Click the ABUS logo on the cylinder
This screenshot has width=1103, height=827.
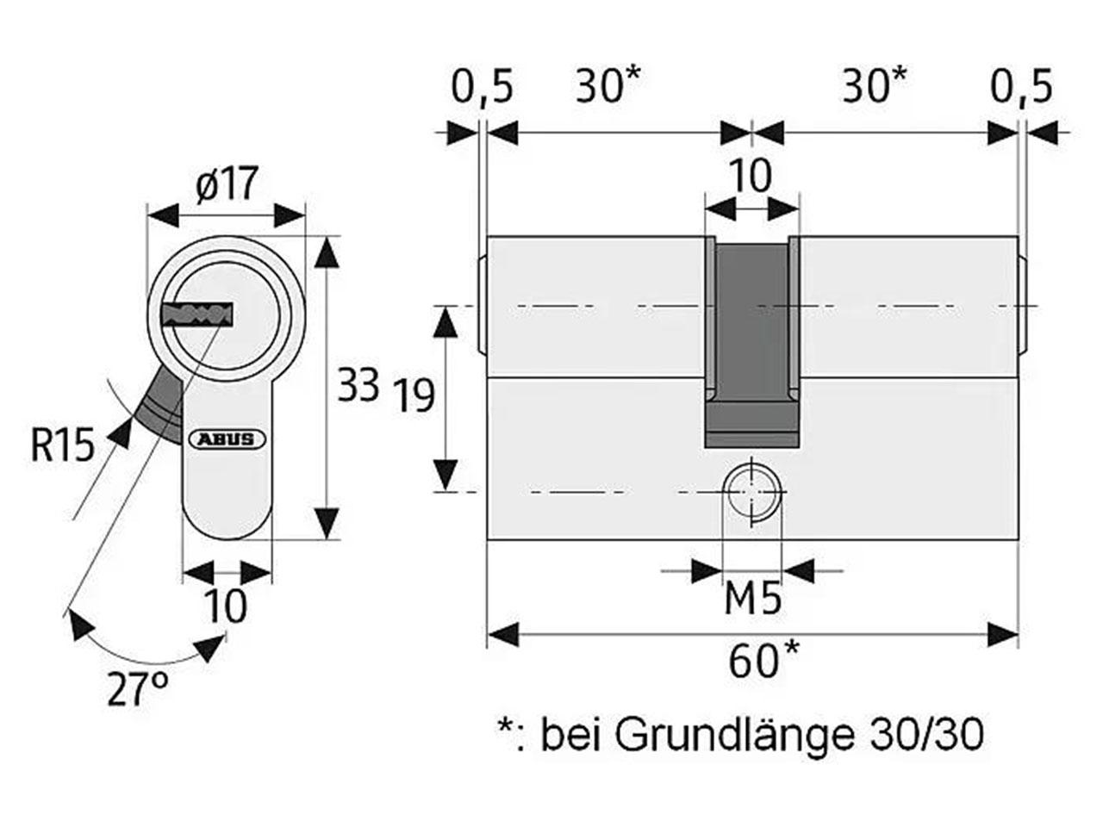(228, 439)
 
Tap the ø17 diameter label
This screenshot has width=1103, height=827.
(227, 183)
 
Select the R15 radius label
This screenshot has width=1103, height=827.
(62, 445)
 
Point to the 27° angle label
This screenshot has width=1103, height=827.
(138, 689)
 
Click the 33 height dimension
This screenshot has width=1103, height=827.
(358, 384)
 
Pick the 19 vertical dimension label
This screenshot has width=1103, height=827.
(414, 395)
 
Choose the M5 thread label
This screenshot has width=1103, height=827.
(752, 598)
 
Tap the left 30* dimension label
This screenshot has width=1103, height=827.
(608, 86)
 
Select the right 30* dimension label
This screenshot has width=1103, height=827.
(875, 86)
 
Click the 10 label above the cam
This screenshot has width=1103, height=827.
(751, 177)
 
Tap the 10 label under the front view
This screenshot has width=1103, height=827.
(226, 606)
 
